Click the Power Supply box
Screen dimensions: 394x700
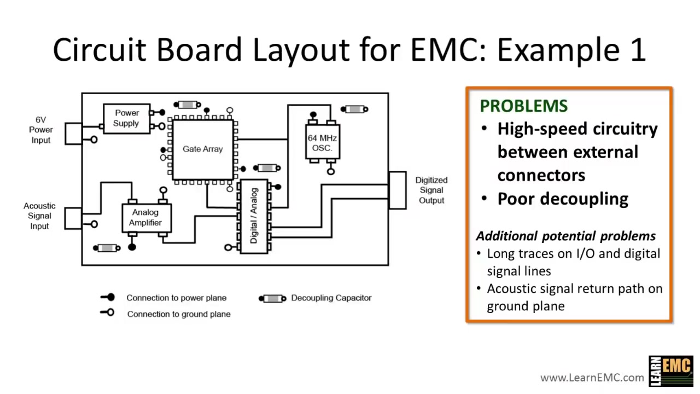tap(126, 118)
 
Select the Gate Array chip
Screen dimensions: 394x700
tap(202, 149)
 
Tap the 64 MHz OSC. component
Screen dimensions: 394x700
tap(322, 143)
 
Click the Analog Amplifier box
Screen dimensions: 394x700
tap(146, 218)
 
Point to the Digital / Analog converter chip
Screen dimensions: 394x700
tap(254, 217)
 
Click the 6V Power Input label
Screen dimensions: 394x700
tap(41, 130)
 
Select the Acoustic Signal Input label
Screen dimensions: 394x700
tap(39, 216)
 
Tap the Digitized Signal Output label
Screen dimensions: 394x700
tap(431, 190)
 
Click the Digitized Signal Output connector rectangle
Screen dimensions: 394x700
tap(397, 190)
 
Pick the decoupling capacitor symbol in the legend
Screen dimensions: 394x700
tap(272, 298)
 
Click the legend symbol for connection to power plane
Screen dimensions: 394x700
tap(108, 297)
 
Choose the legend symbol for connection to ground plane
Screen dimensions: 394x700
tap(108, 313)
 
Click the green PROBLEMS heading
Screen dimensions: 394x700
tap(523, 106)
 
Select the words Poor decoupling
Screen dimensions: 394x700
tap(562, 199)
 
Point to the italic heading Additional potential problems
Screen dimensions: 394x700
tap(565, 236)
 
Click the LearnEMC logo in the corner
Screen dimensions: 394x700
tap(670, 371)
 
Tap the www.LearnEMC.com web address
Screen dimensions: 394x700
tap(592, 378)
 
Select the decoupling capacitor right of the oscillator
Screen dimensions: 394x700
tap(355, 109)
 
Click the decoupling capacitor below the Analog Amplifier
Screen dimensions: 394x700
tap(107, 248)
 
